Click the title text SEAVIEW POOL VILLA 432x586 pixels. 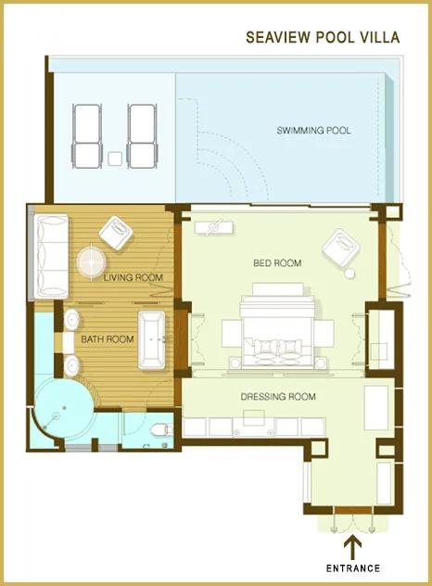[x=322, y=38]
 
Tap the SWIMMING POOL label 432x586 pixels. [x=313, y=131]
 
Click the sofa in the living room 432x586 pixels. [x=50, y=256]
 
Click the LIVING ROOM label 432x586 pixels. [x=133, y=277]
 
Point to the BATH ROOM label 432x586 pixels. [x=108, y=339]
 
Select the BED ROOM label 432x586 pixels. [x=277, y=263]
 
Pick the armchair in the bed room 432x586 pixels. [x=337, y=248]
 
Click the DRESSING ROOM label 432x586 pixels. [x=278, y=397]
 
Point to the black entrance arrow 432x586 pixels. [x=352, y=546]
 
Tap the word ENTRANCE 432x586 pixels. [x=352, y=567]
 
